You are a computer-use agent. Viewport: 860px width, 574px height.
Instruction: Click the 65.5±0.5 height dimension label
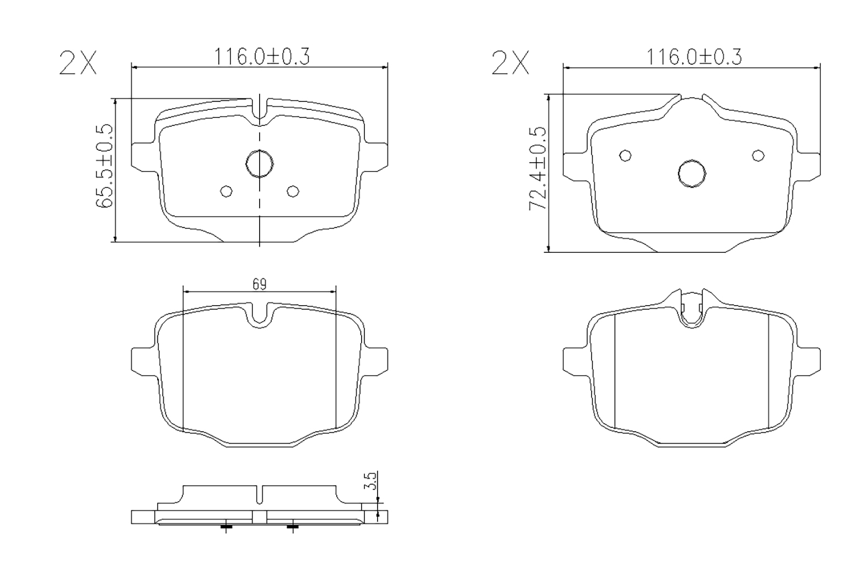tap(104, 166)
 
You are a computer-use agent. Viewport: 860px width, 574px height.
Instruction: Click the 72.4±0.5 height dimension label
tap(537, 168)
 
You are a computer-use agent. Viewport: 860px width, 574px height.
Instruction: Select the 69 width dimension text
tap(260, 284)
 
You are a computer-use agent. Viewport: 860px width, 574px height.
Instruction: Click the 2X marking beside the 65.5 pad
tap(78, 63)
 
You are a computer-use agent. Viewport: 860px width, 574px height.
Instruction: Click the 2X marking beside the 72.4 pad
tap(510, 63)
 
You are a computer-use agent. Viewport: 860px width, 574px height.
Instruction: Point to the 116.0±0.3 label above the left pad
tap(261, 56)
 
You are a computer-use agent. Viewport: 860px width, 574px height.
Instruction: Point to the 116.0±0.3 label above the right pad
tap(695, 56)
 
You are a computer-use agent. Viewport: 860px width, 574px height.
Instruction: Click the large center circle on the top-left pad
tap(260, 164)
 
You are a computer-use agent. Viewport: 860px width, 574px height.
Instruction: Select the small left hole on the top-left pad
tap(226, 191)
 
